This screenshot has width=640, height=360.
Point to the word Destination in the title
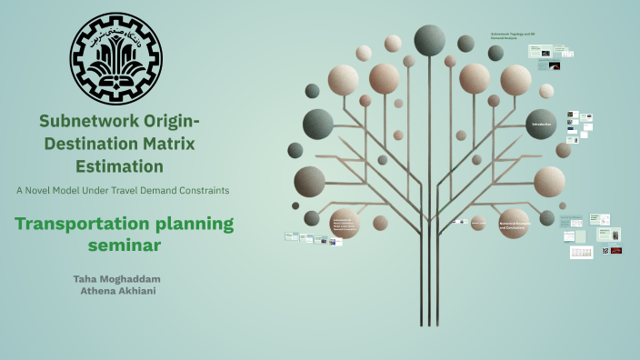[x=90, y=144]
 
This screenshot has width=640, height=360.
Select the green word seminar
[x=123, y=245]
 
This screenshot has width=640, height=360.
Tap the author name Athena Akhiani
[x=121, y=291]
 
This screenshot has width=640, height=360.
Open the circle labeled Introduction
[x=541, y=125]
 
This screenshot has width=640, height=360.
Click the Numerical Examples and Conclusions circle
[x=514, y=224]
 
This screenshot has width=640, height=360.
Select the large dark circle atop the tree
[x=429, y=40]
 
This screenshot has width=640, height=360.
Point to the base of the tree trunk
[x=429, y=320]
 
